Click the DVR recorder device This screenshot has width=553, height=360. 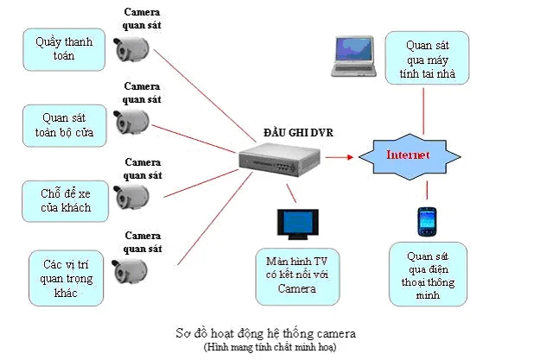[x=276, y=159]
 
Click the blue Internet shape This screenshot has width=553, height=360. [x=408, y=156]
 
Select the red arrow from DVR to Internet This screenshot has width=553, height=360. [x=339, y=157]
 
